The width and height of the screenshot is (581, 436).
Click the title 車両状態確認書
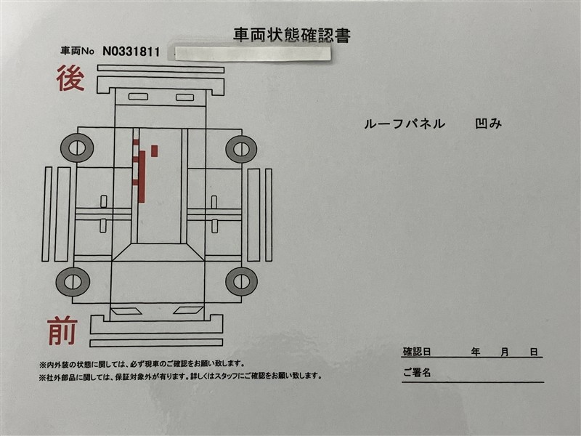point(292,35)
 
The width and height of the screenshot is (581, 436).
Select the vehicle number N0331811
point(131,52)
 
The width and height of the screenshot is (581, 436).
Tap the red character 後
point(70,78)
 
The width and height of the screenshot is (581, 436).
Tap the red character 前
point(62,331)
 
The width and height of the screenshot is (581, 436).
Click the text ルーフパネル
point(405,124)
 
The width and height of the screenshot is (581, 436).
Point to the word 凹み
point(488,124)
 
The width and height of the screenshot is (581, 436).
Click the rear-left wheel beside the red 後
point(77,148)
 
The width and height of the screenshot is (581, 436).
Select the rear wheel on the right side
point(241,149)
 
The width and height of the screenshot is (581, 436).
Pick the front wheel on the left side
point(73,282)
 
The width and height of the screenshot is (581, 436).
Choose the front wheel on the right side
point(241,280)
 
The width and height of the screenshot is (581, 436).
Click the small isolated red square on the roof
point(154,151)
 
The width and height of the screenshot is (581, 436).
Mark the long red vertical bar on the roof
point(142,177)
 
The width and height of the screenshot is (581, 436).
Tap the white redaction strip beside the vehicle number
point(252,53)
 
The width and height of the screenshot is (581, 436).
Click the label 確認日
point(417,352)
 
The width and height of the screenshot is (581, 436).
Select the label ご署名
point(417,372)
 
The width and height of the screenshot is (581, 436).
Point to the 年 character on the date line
point(476,352)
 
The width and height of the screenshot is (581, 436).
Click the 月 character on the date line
point(505,352)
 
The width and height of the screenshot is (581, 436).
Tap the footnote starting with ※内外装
point(142,364)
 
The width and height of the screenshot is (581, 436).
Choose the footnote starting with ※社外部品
point(180,376)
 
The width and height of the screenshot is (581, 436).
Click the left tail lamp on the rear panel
point(138,97)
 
